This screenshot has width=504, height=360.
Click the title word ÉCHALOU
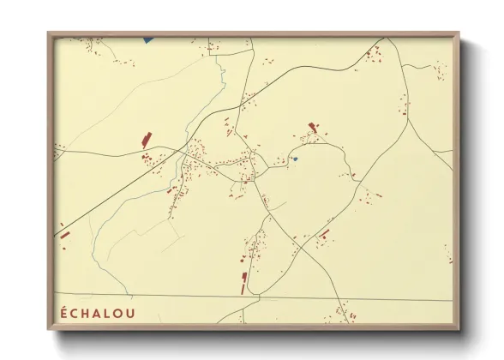click(99, 311)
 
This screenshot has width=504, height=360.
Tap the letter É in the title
click(63, 311)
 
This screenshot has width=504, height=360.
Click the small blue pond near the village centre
click(294, 159)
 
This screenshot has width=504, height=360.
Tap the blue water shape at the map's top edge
click(147, 39)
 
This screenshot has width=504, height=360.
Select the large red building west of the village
click(145, 139)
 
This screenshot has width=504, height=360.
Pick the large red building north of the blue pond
click(312, 128)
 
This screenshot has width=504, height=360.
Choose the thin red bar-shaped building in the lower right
click(324, 233)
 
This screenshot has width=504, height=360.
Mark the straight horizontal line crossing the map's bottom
click(257, 298)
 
